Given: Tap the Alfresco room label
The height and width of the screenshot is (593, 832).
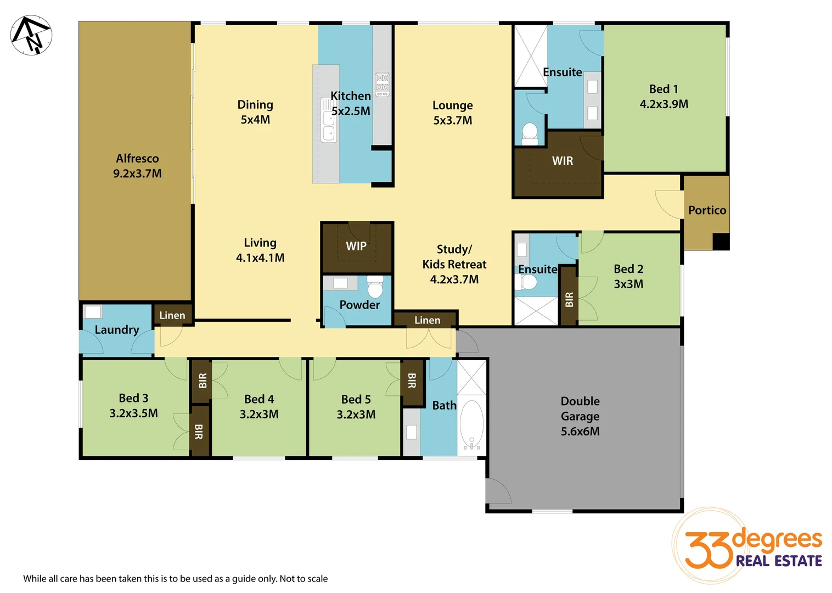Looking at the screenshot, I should (137, 159).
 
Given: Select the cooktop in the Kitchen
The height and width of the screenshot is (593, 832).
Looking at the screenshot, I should (383, 85).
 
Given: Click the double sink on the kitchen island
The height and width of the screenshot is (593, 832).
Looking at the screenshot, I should (329, 125).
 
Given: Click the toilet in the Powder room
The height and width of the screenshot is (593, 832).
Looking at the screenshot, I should (375, 287).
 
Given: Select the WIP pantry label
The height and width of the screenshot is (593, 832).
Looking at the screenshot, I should (356, 246).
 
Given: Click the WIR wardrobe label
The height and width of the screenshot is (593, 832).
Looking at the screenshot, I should (563, 161).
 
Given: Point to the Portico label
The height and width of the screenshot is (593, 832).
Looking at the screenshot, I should (707, 210).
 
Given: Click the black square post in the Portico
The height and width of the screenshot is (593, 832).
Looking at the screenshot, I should (721, 242).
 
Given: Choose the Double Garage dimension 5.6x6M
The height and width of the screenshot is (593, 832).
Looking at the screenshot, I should (580, 432).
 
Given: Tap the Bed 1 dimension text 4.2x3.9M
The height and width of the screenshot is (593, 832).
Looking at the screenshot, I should (664, 104).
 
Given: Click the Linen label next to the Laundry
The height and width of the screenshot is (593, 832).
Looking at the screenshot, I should (172, 315).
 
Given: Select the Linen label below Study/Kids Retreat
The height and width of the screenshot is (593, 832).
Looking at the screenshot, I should (427, 320).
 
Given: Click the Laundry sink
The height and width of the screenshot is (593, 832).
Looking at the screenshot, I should (92, 312).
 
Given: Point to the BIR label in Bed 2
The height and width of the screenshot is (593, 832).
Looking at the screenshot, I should (569, 299).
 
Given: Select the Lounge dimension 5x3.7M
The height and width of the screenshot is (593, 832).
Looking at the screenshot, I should (452, 120).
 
